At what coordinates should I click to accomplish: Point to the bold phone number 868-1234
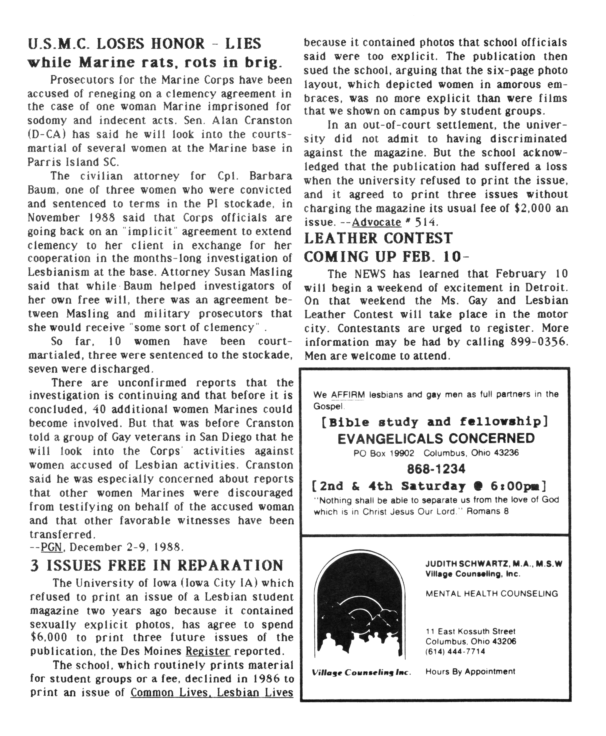click(436, 469)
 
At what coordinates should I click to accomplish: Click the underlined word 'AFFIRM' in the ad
click(347, 395)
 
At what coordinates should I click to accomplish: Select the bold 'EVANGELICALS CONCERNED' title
click(436, 438)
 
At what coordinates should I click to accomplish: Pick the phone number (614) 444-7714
click(455, 651)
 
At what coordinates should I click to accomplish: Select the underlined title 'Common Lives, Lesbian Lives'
click(212, 693)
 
